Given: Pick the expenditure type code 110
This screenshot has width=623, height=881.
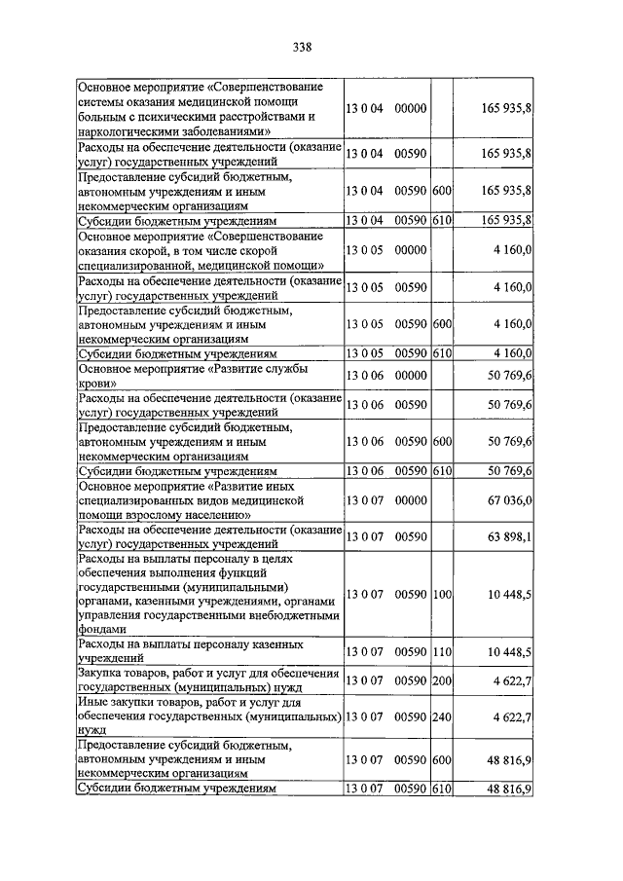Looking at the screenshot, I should (443, 651).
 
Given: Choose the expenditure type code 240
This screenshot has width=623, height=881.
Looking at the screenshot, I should (443, 718).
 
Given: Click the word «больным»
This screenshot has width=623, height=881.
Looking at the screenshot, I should (103, 116).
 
